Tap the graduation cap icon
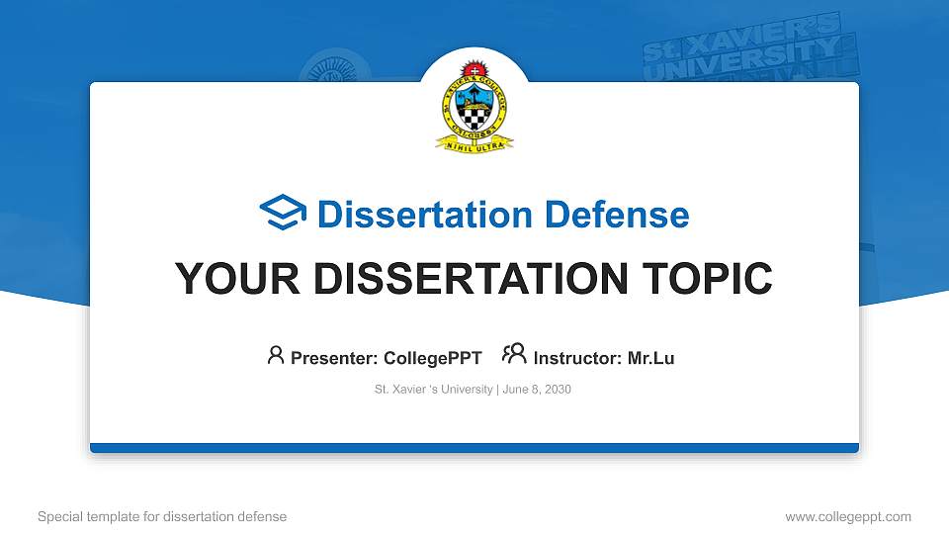pyautogui.click(x=283, y=214)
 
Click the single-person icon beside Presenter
pyautogui.click(x=276, y=355)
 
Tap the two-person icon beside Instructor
pyautogui.click(x=513, y=354)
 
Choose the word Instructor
pyautogui.click(x=576, y=358)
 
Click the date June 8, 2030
pyautogui.click(x=537, y=390)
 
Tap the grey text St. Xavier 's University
pyautogui.click(x=433, y=390)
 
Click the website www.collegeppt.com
pyautogui.click(x=847, y=516)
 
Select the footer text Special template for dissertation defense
pyautogui.click(x=162, y=516)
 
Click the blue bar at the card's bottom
pyautogui.click(x=474, y=448)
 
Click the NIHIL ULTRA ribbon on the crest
pyautogui.click(x=474, y=143)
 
